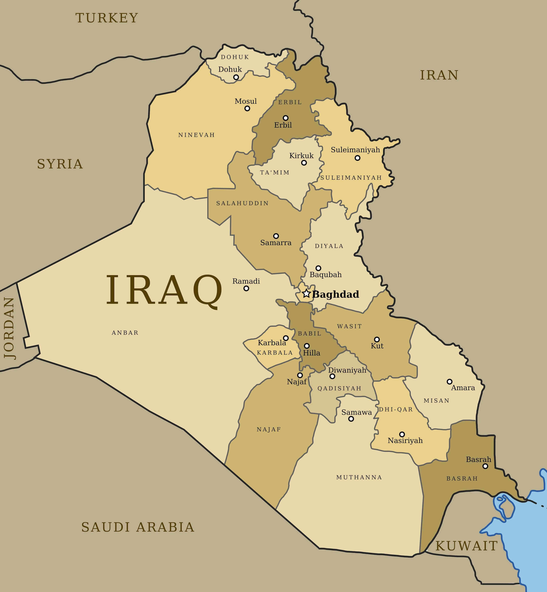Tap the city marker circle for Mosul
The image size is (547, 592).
point(247,108)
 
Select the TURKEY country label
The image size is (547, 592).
point(107,18)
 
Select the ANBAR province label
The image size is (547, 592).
point(125,333)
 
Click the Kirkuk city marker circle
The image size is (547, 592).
point(304,163)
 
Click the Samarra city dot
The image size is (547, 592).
point(276,236)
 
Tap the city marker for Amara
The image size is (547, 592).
point(449,382)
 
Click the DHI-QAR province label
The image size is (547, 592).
point(396,409)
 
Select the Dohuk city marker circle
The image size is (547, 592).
point(236,77)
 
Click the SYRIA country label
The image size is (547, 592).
point(60,164)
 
